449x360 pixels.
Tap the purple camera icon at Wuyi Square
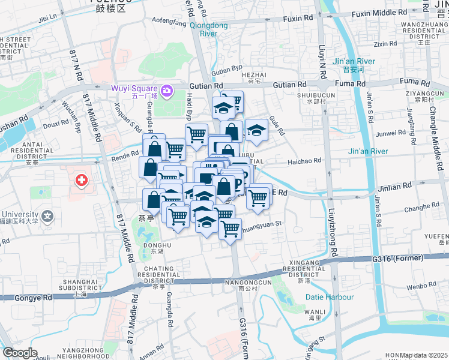click(x=166, y=91)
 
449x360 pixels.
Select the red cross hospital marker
click(x=80, y=180)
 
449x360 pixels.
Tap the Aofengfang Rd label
click(x=170, y=21)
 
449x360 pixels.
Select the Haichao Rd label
click(x=304, y=161)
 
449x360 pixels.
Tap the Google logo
click(x=20, y=353)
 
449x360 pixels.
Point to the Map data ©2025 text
click(x=423, y=355)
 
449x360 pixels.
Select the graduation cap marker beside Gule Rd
click(x=256, y=130)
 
